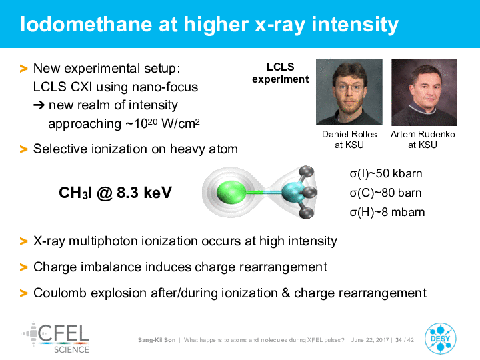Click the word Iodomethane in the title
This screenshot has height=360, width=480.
tap(86, 24)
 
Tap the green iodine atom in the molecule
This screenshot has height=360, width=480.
tap(231, 192)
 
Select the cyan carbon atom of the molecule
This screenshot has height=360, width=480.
tap(293, 192)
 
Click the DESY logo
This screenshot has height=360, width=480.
tap(440, 339)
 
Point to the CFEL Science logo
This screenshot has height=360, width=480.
tap(55, 337)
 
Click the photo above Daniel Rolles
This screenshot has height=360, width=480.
tap(349, 92)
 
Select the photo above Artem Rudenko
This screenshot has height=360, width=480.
tap(424, 92)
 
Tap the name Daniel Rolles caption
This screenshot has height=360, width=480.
tap(349, 134)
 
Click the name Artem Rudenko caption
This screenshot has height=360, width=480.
tap(423, 134)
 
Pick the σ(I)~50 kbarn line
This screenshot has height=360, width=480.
tap(386, 173)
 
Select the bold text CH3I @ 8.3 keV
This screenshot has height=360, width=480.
tap(115, 193)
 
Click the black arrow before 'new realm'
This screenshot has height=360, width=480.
tap(39, 105)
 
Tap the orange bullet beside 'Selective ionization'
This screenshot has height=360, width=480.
tap(23, 149)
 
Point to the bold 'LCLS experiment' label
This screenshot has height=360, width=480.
tap(281, 73)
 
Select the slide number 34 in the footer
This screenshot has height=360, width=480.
tap(399, 340)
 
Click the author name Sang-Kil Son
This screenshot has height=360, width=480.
tap(157, 340)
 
